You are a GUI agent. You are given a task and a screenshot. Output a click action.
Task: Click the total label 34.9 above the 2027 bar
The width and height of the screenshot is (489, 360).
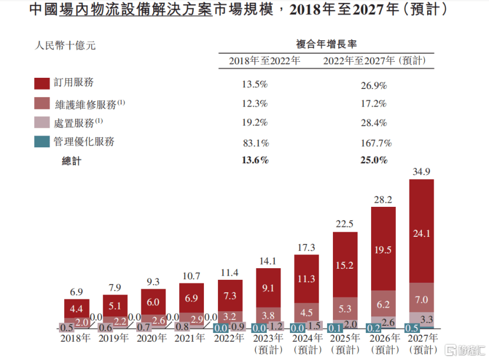(421, 171)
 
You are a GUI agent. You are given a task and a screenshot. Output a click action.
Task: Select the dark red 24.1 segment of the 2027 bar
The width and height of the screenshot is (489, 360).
(421, 233)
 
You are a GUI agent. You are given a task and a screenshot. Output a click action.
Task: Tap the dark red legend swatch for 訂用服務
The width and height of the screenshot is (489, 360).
(42, 83)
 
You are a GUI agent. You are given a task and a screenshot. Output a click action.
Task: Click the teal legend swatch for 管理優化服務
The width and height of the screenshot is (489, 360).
(42, 142)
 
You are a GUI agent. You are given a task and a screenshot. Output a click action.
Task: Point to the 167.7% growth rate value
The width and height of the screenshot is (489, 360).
(375, 143)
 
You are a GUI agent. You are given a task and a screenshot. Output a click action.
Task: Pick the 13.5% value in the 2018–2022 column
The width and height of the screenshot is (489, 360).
(255, 85)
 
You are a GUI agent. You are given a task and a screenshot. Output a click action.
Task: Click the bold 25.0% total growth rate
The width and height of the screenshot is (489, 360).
(374, 160)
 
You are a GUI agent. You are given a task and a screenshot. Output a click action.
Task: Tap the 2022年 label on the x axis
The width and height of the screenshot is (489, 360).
(230, 338)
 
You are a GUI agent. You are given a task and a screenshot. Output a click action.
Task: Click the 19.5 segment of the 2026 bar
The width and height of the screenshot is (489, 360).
(383, 249)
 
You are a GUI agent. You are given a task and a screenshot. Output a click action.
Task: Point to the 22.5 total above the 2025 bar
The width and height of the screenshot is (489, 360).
(345, 223)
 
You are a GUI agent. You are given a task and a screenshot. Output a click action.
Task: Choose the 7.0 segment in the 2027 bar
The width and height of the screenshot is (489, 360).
(421, 300)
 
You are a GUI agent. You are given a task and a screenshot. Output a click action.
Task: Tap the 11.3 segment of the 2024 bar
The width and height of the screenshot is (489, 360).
(306, 279)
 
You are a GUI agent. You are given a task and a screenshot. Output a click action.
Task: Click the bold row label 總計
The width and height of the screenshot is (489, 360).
(71, 160)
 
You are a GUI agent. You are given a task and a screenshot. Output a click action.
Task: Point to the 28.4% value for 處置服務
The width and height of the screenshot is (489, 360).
(374, 123)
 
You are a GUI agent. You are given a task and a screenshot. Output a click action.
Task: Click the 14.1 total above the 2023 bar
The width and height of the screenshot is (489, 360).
(268, 261)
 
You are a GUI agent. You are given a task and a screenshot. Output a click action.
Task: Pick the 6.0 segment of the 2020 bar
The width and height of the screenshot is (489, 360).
(153, 302)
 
